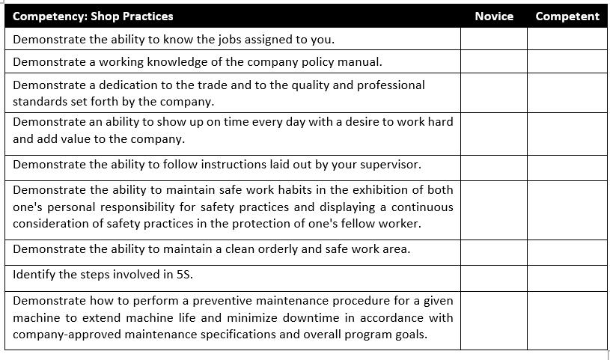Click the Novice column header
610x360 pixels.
pos(494,16)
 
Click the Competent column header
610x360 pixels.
pos(567,16)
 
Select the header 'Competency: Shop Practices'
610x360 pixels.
pos(93,16)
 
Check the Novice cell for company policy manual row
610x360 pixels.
pos(493,61)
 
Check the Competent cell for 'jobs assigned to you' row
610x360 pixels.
pos(567,39)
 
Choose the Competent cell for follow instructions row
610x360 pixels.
pos(567,165)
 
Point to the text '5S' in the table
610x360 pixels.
pos(183,275)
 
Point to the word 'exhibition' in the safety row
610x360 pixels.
pos(364,190)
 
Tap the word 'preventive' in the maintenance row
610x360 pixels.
pos(224,301)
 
